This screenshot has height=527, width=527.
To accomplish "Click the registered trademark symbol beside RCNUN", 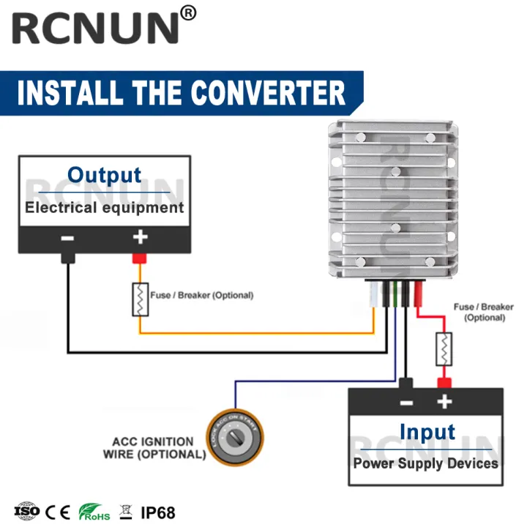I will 188,13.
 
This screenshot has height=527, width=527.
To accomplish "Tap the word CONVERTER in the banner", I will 267,93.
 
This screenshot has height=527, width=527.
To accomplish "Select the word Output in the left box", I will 104,176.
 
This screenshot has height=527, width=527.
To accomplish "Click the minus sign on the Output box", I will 67,238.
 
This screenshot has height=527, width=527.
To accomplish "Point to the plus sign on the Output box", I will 139,238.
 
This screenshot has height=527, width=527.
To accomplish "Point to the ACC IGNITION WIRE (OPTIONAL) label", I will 154,448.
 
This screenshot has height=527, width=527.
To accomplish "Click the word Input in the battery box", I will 427,432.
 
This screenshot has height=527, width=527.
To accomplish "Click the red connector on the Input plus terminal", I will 443,383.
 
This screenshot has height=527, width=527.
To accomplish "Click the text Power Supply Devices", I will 425,463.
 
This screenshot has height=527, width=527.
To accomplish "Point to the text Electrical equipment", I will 104,207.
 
